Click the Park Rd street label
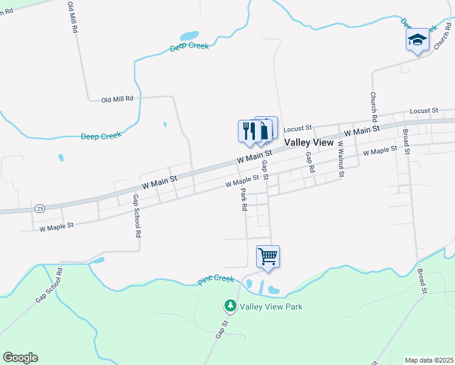pos(244,199)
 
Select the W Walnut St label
pos(341,159)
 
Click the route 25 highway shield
pos(40,208)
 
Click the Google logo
pos(20,358)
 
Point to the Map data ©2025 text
pos(429,360)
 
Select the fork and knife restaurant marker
pos(249,131)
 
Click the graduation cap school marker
pos(417,40)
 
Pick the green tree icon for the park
pos(231,305)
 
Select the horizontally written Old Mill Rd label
pos(121,99)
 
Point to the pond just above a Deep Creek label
pos(190,35)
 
